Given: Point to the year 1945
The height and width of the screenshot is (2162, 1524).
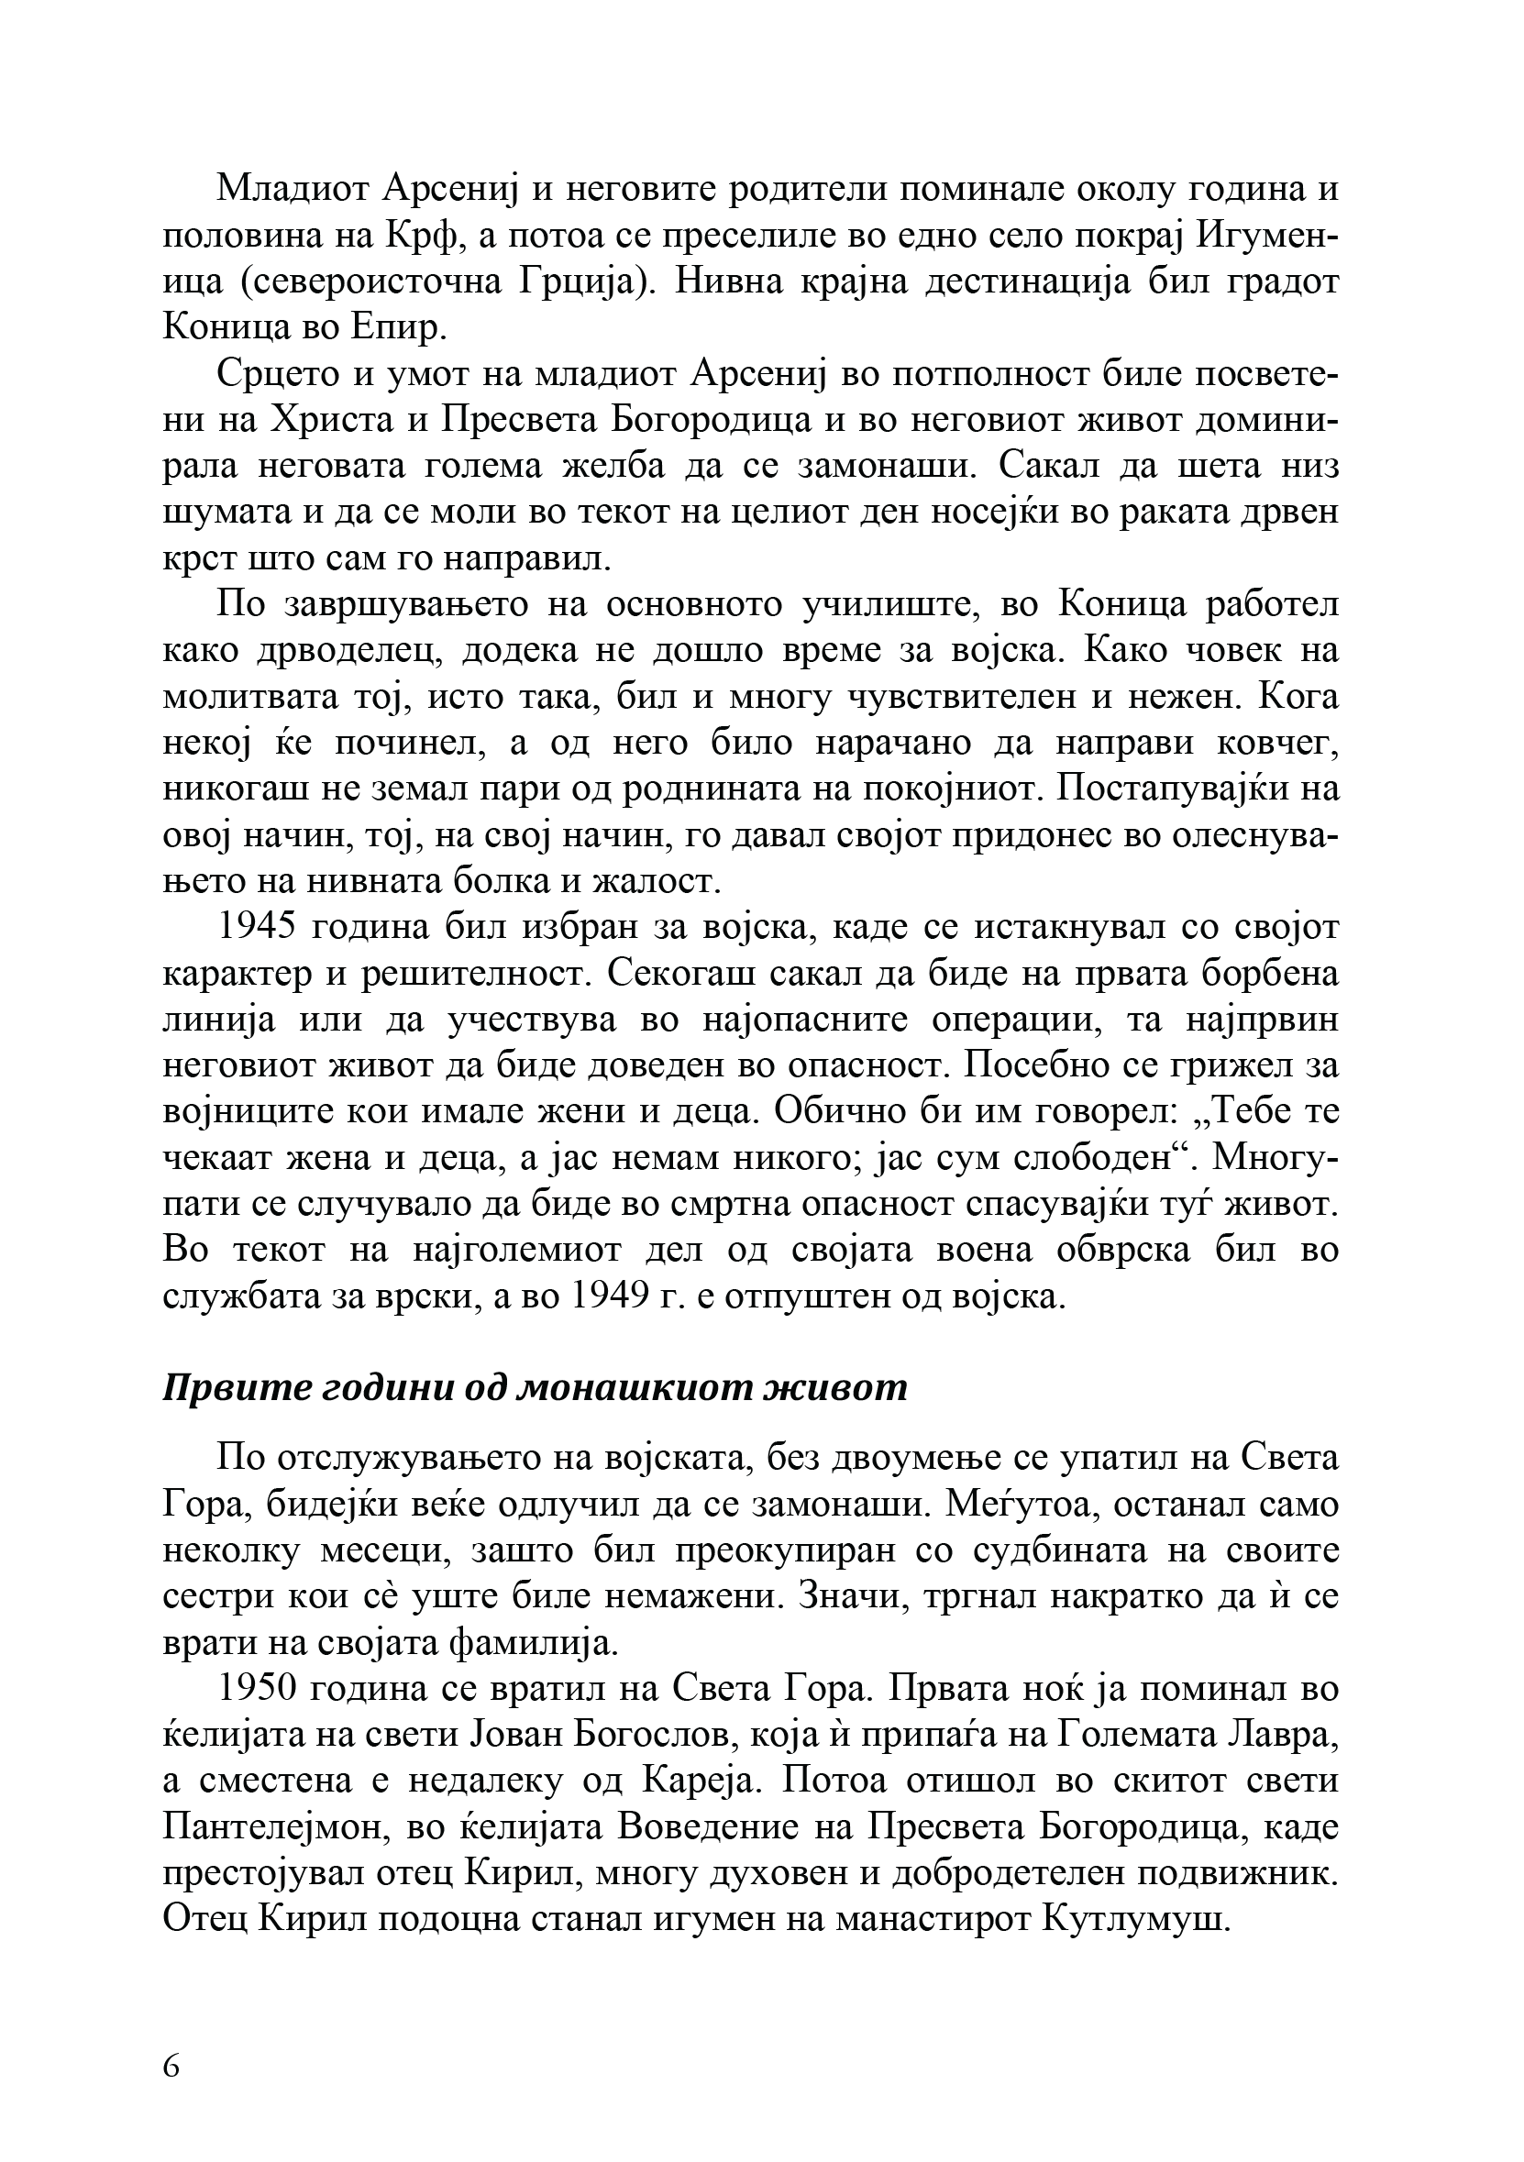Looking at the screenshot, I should coord(258,928).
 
